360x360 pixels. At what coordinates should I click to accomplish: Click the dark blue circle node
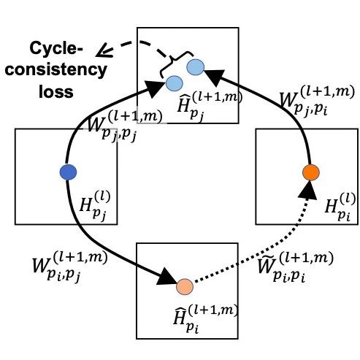(68, 172)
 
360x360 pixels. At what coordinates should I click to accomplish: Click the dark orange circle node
(311, 172)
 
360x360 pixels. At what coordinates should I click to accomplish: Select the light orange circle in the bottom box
(185, 287)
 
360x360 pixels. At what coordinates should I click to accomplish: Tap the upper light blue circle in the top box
(196, 67)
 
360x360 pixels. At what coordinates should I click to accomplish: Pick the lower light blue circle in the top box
(175, 83)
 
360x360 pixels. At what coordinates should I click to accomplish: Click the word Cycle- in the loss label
(56, 48)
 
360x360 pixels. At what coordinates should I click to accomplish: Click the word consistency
(56, 70)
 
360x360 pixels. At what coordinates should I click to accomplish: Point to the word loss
(56, 91)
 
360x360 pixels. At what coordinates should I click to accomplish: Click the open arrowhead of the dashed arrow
(104, 50)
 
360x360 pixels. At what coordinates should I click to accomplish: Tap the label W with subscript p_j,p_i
(317, 100)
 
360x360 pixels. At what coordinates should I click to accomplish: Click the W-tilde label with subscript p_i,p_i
(295, 267)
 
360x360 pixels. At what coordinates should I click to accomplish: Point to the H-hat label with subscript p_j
(210, 105)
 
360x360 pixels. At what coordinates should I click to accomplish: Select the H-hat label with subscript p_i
(206, 318)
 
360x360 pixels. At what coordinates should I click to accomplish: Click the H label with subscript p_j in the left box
(95, 206)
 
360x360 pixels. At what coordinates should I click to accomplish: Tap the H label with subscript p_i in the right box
(340, 206)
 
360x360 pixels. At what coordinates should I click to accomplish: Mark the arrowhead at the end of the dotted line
(308, 191)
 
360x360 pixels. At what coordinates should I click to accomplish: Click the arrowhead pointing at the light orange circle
(167, 277)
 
